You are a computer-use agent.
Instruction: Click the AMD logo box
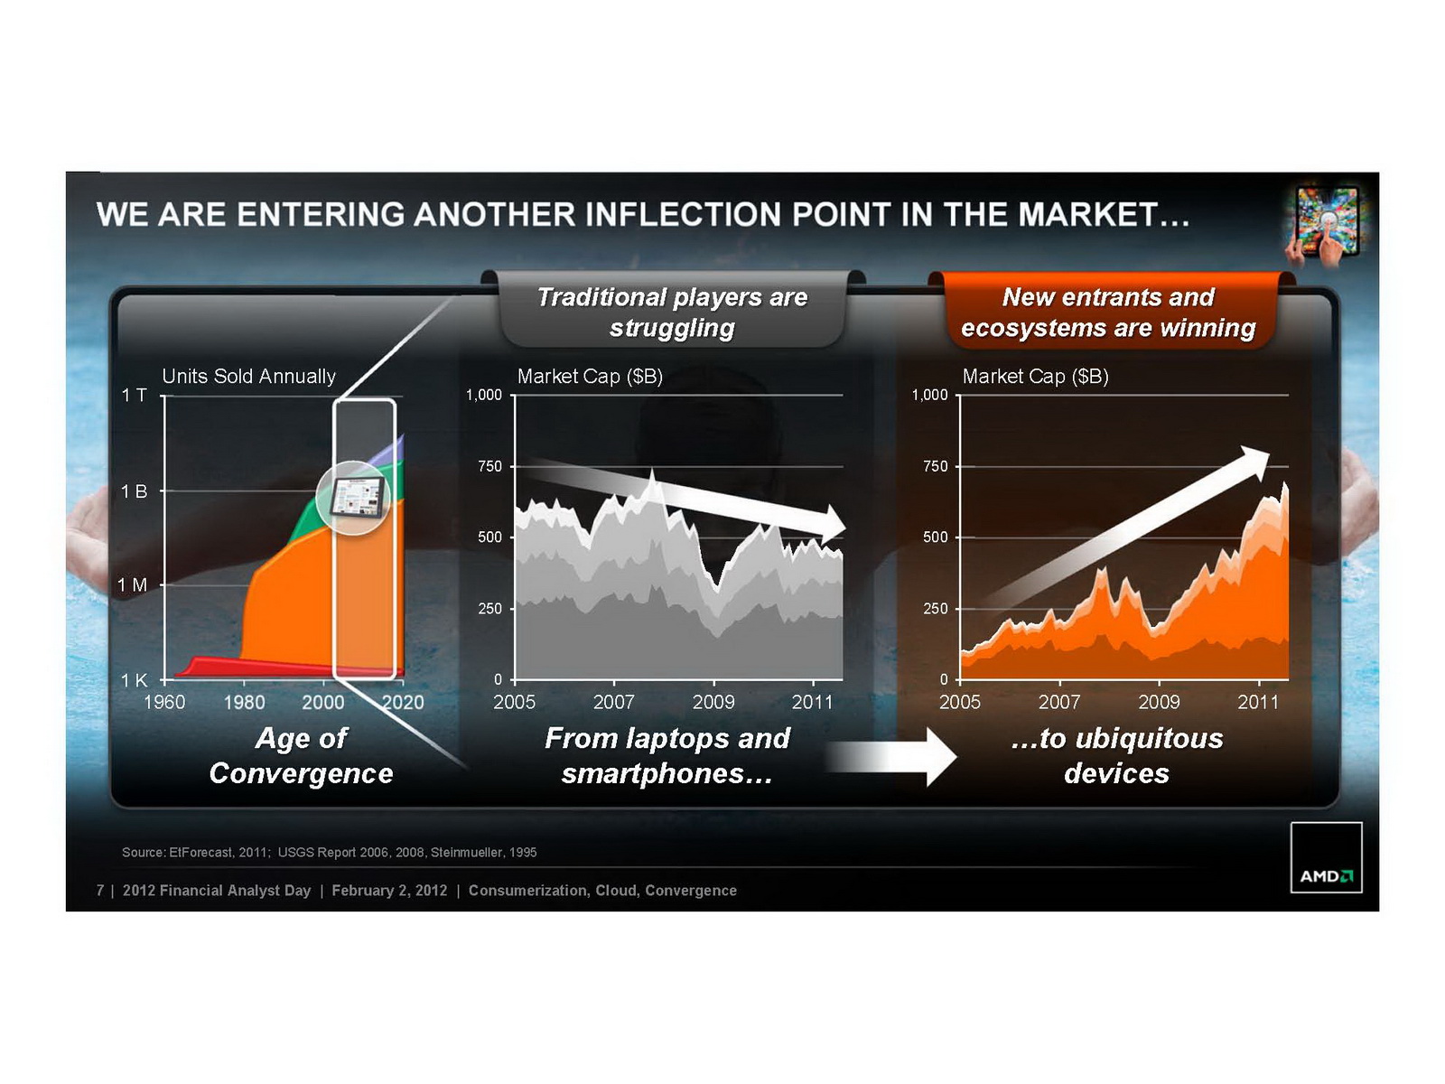coord(1326,857)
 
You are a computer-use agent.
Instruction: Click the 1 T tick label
coord(134,395)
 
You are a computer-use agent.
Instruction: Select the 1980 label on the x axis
coord(244,702)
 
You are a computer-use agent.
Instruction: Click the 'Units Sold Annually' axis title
coord(249,376)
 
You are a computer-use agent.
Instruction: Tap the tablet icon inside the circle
coord(356,497)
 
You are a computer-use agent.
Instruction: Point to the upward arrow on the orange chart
coord(1125,528)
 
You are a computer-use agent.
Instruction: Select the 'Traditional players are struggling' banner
coord(672,312)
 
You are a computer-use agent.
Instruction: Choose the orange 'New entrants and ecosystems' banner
coord(1109,312)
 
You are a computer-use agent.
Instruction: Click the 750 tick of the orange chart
coord(936,466)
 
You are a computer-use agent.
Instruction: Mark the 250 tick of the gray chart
coord(489,608)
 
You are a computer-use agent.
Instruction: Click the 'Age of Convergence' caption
coord(301,755)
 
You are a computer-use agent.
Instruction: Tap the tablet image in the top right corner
coord(1325,222)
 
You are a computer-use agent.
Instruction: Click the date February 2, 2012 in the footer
coord(389,891)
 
